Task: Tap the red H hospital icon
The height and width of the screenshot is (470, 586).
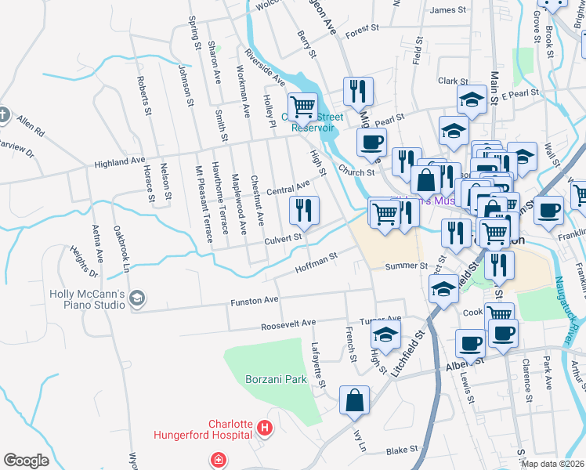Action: tap(265, 428)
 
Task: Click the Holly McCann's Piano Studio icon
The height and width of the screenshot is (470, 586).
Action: tap(137, 298)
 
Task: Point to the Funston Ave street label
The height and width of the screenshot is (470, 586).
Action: tap(254, 300)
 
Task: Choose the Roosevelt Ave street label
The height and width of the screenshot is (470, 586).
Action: tap(288, 323)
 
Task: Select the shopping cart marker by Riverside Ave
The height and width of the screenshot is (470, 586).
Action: tap(302, 106)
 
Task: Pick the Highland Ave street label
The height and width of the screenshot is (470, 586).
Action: tap(120, 161)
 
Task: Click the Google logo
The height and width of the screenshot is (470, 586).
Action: tap(26, 461)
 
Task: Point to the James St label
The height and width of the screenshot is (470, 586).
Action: tap(448, 10)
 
